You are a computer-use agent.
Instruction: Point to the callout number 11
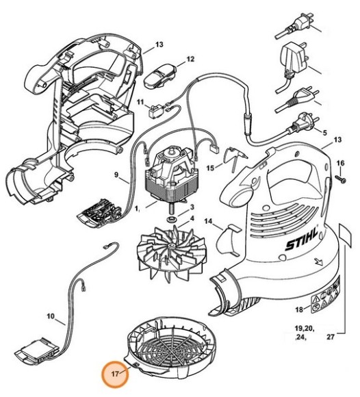pyautogui.click(x=140, y=102)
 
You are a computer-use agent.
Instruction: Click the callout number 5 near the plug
pyautogui.click(x=324, y=132)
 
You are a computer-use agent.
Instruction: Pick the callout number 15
pyautogui.click(x=210, y=166)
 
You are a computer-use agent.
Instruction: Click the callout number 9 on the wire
pyautogui.click(x=117, y=175)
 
